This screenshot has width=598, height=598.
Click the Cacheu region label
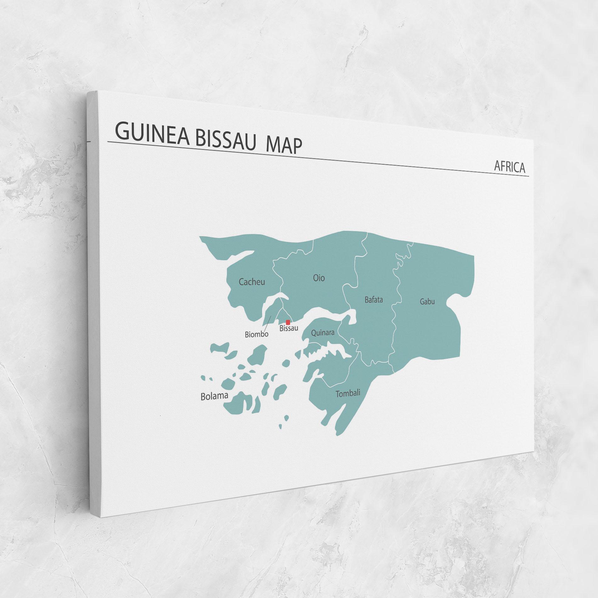pos(252,282)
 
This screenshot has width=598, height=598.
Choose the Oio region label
pos(319,278)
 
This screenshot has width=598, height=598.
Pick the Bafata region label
pos(374,300)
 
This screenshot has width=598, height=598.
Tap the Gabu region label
pos(427,302)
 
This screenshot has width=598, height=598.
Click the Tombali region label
pos(348,393)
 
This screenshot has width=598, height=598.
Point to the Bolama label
pos(214,396)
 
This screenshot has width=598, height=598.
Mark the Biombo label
pos(257,334)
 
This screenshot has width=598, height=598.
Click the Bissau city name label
pos(289,328)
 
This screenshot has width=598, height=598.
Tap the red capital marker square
pos(288,322)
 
